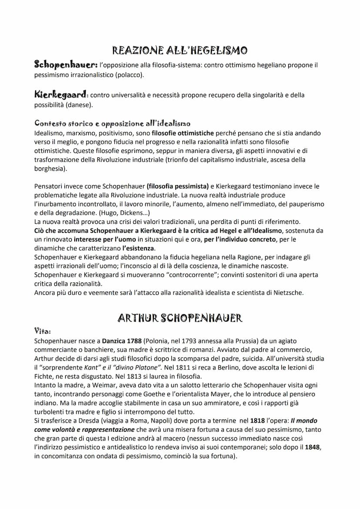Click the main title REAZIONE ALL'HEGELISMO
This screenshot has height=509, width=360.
[x=180, y=51]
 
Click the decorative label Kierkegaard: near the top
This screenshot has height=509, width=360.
[x=61, y=94]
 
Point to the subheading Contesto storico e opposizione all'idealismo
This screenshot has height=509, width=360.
[x=112, y=123]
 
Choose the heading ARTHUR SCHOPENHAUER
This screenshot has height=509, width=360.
[x=180, y=318]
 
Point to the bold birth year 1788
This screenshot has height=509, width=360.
[x=133, y=341]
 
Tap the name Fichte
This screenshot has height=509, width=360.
[x=44, y=376]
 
